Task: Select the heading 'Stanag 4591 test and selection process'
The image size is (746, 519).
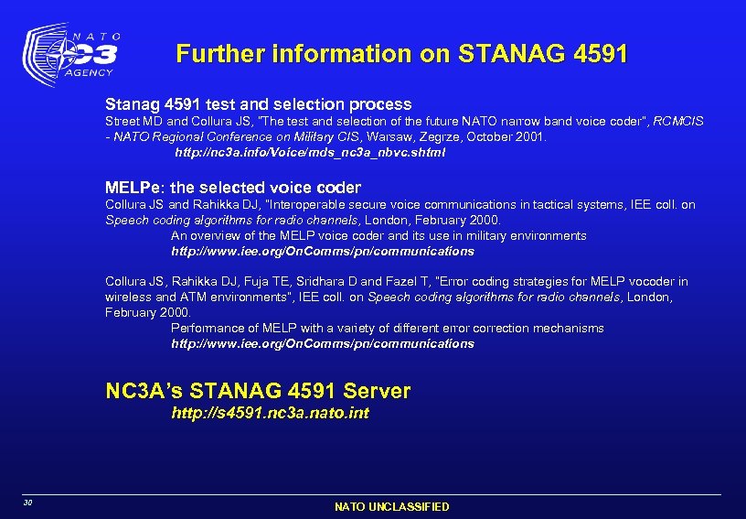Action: [x=259, y=104]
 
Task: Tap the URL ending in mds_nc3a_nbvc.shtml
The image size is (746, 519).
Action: [x=310, y=152]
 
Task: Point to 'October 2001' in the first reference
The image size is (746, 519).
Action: [x=507, y=136]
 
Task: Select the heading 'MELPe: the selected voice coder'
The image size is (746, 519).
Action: [x=233, y=188]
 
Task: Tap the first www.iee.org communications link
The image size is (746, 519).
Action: [x=323, y=251]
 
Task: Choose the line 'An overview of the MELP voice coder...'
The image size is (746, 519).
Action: [x=378, y=235]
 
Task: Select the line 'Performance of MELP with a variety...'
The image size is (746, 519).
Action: [x=388, y=328]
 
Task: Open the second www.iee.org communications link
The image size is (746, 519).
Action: [x=323, y=343]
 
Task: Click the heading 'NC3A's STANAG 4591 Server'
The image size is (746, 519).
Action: [x=259, y=391]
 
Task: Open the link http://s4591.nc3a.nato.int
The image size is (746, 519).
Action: [x=271, y=413]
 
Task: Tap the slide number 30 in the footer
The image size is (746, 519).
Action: [x=29, y=503]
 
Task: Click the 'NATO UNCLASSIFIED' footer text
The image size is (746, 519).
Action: [x=391, y=506]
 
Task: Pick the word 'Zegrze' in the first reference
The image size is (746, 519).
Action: [x=412, y=136]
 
